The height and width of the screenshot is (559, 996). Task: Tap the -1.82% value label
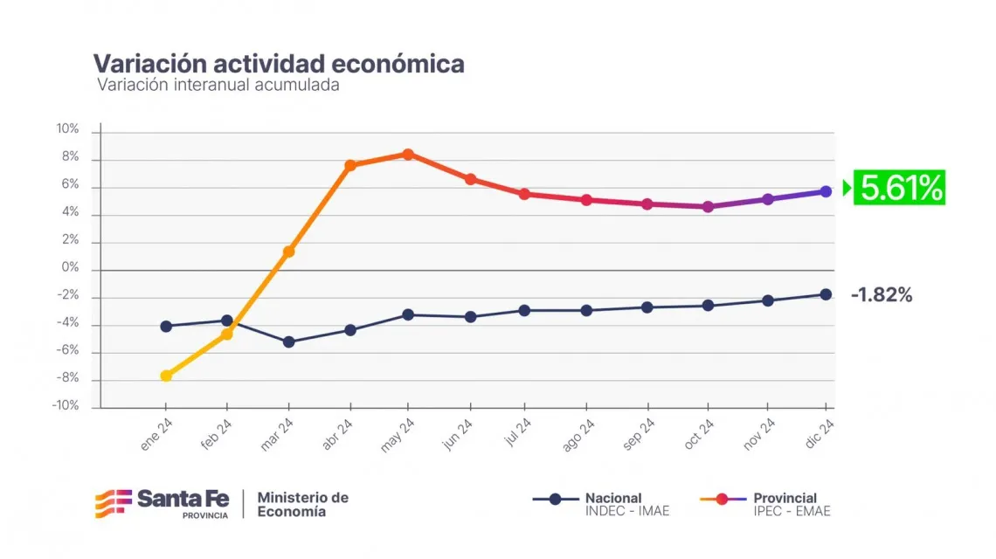[881, 296]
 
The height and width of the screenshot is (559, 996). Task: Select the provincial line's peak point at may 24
[408, 155]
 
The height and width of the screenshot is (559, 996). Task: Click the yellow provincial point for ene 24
[166, 376]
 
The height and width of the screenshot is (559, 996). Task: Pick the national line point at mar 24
[288, 342]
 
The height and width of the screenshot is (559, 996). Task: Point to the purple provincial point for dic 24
[826, 191]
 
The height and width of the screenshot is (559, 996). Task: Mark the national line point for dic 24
[826, 294]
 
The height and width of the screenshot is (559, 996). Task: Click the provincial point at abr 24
[350, 165]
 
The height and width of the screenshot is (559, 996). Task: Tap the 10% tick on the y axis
[68, 129]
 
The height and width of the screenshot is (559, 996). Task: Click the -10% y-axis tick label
[66, 406]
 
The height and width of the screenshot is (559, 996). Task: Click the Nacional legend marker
[555, 500]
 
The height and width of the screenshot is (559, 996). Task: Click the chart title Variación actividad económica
[279, 64]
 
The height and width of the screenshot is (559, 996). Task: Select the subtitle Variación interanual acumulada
[218, 86]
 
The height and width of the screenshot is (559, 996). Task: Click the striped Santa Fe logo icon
[112, 504]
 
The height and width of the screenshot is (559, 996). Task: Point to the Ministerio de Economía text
[302, 504]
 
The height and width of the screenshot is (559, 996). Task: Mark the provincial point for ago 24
[586, 200]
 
